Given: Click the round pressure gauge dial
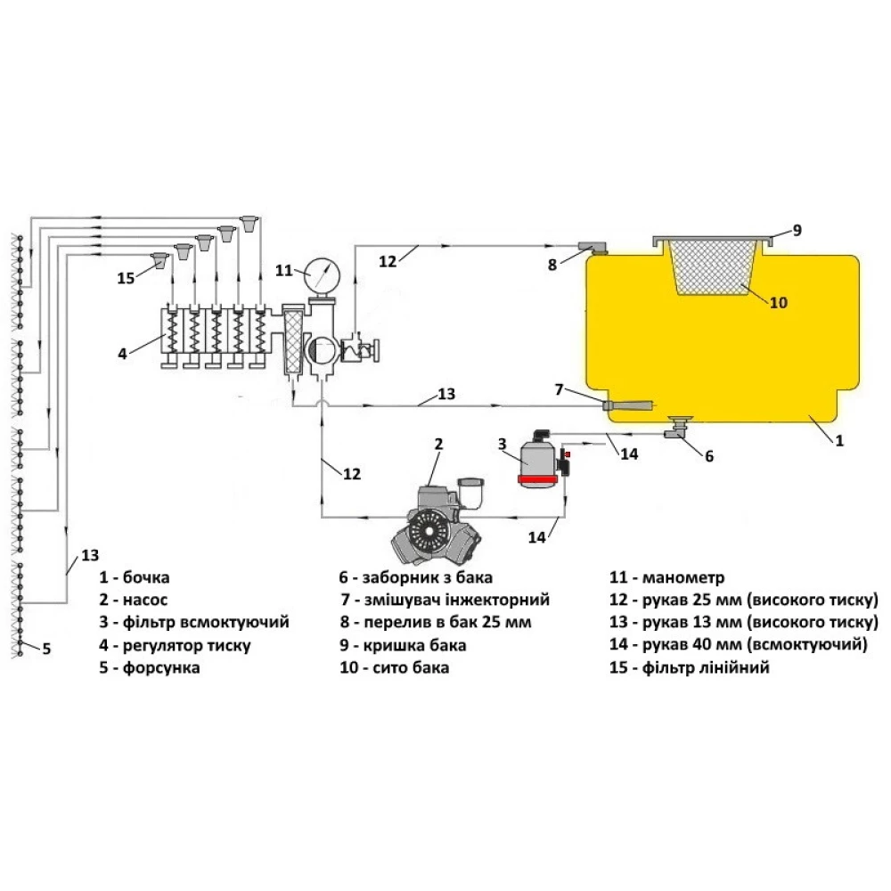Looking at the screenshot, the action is (x=323, y=274).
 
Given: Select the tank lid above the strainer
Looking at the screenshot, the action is (x=713, y=240).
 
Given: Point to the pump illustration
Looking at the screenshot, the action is (x=437, y=521).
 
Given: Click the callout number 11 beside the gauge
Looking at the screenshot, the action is (x=284, y=270).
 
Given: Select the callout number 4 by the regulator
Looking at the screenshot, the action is (x=122, y=354).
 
